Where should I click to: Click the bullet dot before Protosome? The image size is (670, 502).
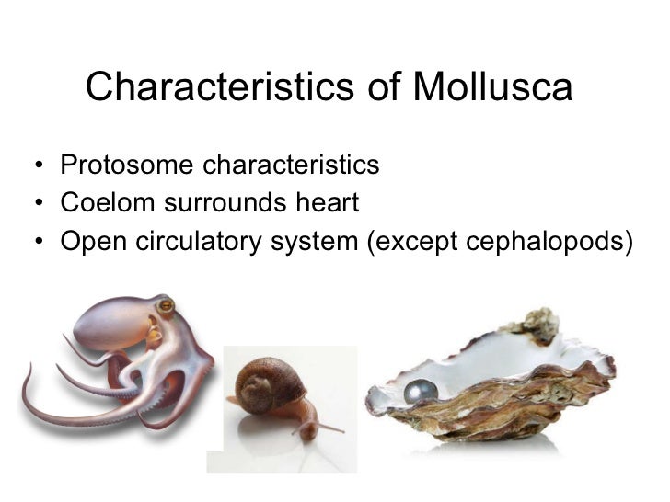tap(33, 167)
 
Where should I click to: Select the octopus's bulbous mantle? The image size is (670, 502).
tap(110, 323)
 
